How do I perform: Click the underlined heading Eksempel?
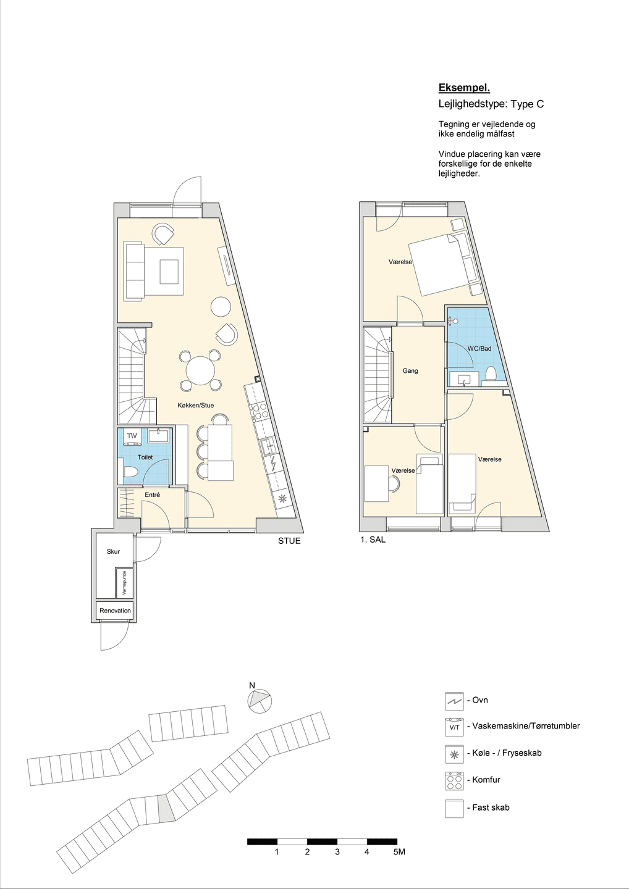tap(464, 88)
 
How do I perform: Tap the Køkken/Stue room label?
tap(196, 405)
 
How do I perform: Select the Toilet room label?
tap(145, 457)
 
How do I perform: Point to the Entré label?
tap(152, 495)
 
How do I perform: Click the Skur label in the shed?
tap(113, 551)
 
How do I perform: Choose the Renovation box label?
tap(115, 611)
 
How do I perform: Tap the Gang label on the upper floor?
tap(410, 370)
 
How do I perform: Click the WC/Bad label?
tap(479, 348)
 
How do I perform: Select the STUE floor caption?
tap(289, 541)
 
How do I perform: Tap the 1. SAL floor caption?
tap(373, 540)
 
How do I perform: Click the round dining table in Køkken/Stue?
tap(201, 370)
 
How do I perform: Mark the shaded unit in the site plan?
tap(167, 808)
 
